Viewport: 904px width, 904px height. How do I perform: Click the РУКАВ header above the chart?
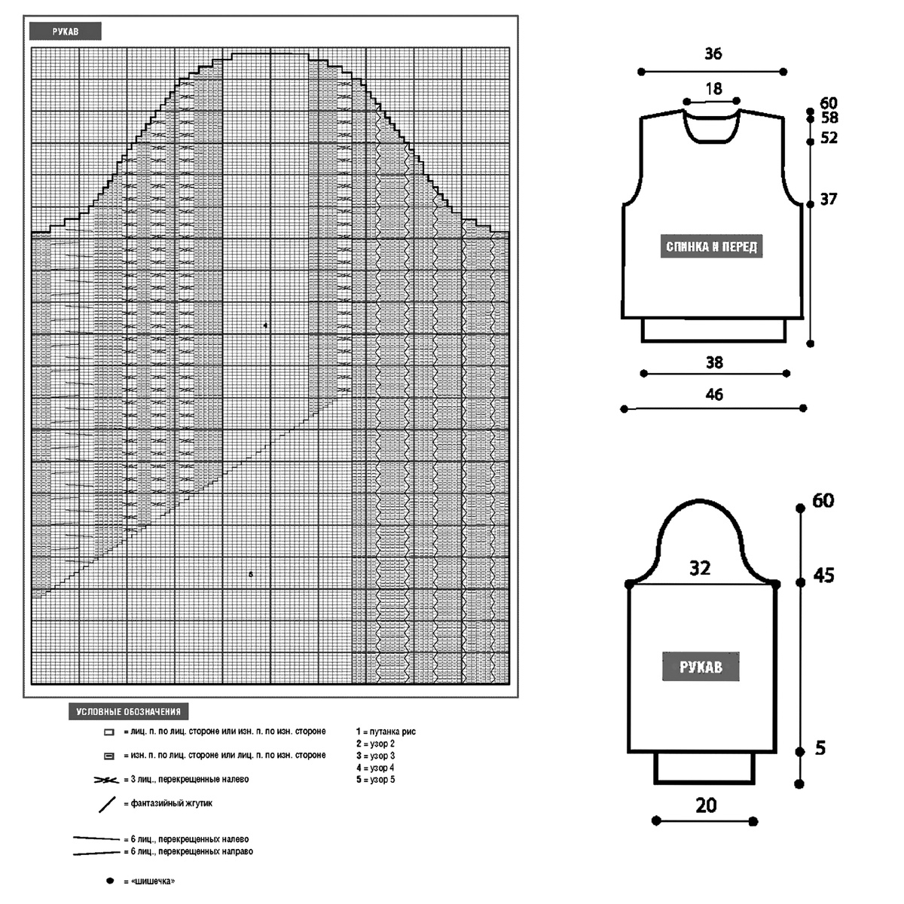point(66,32)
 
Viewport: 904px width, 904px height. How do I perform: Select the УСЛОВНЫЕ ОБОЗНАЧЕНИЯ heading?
point(128,712)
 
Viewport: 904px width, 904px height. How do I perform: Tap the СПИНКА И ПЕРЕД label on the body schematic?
point(711,246)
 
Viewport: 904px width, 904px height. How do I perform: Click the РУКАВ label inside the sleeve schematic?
point(701,667)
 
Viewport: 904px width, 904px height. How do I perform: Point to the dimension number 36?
point(713,53)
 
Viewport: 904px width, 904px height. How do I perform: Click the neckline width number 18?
point(713,89)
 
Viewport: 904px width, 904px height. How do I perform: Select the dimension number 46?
point(714,395)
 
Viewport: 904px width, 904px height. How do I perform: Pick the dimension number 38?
point(714,362)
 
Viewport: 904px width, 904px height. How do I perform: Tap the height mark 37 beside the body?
point(829,200)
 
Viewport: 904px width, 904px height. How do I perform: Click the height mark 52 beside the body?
point(829,137)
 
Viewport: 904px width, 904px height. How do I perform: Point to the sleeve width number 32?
point(700,569)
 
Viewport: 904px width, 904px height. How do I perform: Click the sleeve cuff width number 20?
point(706,805)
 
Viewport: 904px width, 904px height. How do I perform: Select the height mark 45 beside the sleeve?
point(824,576)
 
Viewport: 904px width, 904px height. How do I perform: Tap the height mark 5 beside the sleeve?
point(820,748)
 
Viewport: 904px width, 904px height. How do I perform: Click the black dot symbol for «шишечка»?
point(110,881)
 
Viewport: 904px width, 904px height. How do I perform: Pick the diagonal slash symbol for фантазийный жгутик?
point(108,804)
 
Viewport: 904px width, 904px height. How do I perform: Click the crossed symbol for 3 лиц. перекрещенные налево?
point(106,780)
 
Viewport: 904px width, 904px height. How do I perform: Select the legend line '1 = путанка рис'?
point(386,731)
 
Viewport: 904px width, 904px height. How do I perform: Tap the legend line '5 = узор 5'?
point(375,780)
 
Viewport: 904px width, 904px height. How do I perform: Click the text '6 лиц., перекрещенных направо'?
point(191,851)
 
